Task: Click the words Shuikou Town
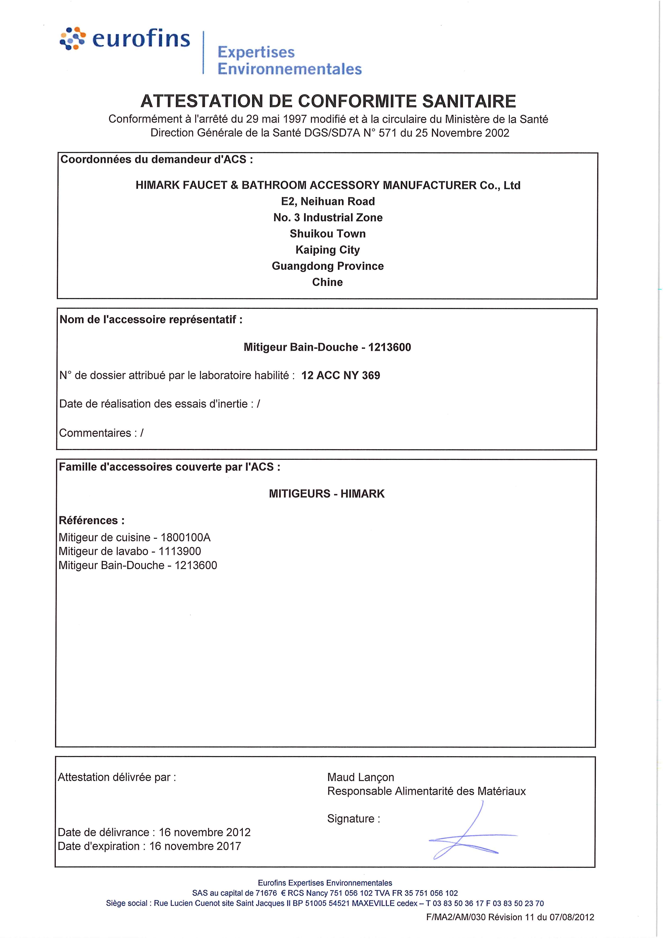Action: (328, 234)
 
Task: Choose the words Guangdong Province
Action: (328, 266)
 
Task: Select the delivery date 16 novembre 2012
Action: (205, 832)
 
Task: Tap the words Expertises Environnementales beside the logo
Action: (289, 60)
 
